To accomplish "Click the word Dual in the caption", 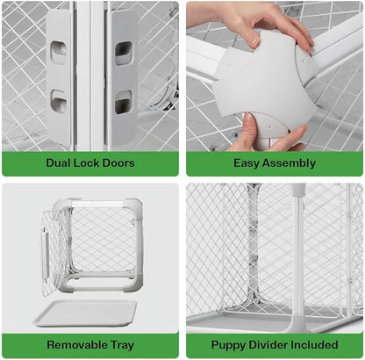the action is point(58,162).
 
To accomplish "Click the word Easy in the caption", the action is point(246,163).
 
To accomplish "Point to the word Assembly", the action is point(289,163).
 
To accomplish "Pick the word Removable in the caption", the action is point(76,344).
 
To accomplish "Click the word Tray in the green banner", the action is point(122,345).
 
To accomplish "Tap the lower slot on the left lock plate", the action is point(59,101).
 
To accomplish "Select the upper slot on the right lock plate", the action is point(123,53).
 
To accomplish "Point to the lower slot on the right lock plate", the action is point(123,103).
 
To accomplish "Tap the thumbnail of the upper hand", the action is point(255,41).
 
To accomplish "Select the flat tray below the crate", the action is point(87,313).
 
